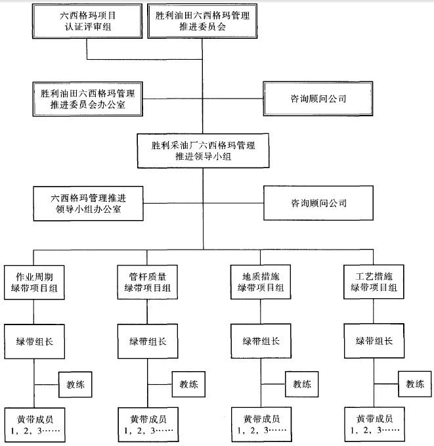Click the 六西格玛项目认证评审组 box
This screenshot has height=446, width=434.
(x=87, y=21)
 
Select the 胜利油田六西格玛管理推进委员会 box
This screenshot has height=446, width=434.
(x=203, y=21)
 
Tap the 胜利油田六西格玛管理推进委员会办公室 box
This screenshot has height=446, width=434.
(x=87, y=99)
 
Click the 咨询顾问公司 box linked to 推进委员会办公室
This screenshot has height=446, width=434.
(x=318, y=99)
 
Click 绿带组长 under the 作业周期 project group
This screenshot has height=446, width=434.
(x=34, y=342)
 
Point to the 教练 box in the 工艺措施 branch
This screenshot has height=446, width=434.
(x=415, y=384)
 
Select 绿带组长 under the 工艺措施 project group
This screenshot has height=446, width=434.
(x=374, y=342)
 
